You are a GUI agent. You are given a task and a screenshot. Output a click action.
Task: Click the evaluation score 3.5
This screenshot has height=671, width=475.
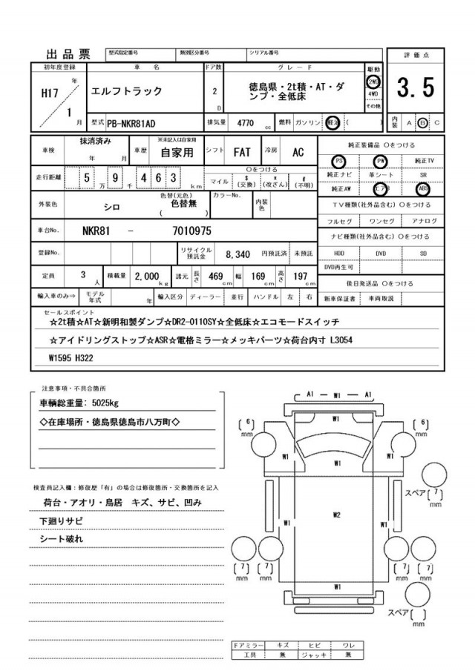(416, 88)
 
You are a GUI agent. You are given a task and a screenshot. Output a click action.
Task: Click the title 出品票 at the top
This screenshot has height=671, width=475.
(68, 53)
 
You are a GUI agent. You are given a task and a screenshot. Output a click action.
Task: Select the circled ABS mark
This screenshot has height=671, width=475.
(423, 188)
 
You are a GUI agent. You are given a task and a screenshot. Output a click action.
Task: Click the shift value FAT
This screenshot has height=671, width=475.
(242, 152)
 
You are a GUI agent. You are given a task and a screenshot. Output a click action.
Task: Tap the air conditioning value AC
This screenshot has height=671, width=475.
(298, 152)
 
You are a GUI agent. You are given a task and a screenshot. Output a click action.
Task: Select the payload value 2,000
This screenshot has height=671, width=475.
(148, 275)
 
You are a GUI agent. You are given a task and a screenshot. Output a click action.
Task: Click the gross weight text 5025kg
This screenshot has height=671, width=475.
(100, 403)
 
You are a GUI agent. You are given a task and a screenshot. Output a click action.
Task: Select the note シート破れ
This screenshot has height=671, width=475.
(62, 539)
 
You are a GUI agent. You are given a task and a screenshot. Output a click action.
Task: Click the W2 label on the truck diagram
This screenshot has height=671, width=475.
(336, 514)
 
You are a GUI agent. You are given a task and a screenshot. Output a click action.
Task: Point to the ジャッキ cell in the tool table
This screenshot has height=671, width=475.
(315, 655)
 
